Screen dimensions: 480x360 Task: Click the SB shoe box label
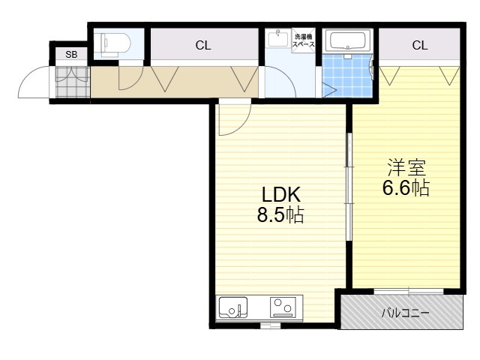(71, 55)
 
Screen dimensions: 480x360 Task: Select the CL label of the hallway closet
(203, 46)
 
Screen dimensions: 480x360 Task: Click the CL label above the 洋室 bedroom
(420, 45)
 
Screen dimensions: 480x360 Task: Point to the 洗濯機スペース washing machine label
(303, 40)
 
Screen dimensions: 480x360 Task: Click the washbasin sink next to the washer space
(278, 38)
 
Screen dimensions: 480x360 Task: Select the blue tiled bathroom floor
(347, 76)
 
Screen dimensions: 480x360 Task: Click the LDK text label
(280, 194)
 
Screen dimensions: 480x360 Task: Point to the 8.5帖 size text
(280, 214)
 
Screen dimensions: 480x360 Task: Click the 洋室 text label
(406, 167)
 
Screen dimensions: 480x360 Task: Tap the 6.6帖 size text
(406, 187)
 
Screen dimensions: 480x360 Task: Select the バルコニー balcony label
(405, 313)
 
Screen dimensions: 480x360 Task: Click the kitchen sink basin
(233, 307)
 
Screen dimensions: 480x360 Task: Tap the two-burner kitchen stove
(283, 307)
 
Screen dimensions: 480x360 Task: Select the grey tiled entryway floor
(73, 82)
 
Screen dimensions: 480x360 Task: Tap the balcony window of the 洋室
(409, 291)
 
